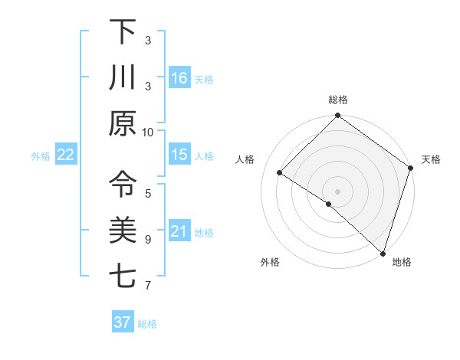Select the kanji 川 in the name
[x=123, y=77]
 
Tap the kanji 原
[x=123, y=123]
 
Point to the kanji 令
[x=123, y=184]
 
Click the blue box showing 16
[x=179, y=78]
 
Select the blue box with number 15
[x=179, y=155]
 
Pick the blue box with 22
[x=66, y=155]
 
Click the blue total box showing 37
[x=122, y=322]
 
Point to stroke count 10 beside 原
[x=148, y=131]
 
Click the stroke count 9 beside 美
[x=148, y=239]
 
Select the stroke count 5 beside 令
[x=148, y=192]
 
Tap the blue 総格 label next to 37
[x=147, y=324]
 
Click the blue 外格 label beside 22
[x=41, y=156]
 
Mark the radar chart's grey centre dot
[x=337, y=191]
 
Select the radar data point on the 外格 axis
[x=329, y=204]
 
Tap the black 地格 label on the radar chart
[x=402, y=263]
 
